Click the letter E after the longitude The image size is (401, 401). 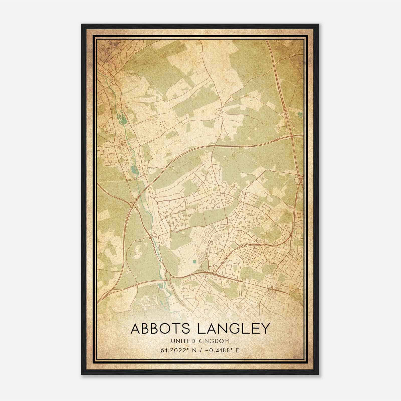237,350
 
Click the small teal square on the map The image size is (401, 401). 194,262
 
